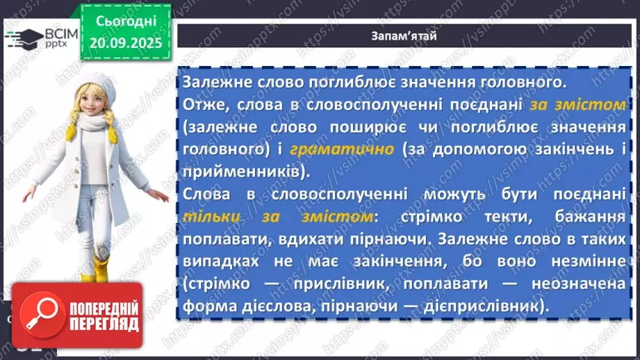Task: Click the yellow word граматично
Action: point(343,149)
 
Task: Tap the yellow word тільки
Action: point(209,216)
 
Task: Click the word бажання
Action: point(592,216)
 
